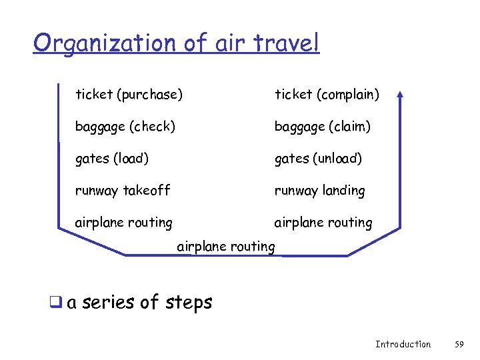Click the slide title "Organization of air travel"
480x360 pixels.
coord(176,43)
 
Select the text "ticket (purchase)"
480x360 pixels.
coord(129,95)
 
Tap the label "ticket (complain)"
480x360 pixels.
coord(327,95)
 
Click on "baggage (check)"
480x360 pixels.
coord(125,126)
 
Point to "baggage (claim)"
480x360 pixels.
coord(323,126)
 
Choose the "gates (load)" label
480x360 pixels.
coord(112,159)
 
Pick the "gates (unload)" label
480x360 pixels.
coord(319,159)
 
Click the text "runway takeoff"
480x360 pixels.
coord(123,191)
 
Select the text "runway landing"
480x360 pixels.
coord(320,191)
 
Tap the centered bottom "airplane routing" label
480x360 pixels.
coord(226,247)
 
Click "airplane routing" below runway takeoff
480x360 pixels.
coord(123,223)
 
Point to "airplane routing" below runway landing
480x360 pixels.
coord(323,223)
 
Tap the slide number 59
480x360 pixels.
coord(459,344)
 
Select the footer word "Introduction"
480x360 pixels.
coord(403,344)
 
